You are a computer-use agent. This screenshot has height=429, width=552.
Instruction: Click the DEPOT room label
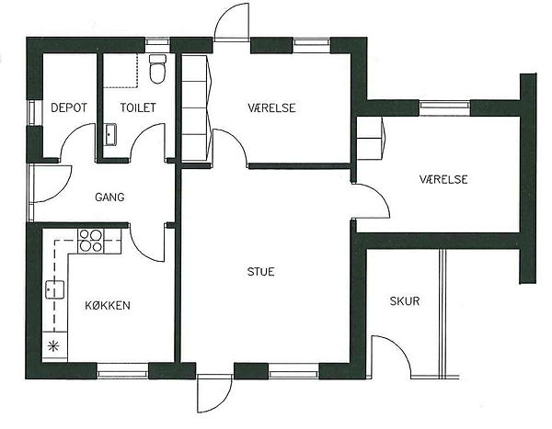[x=69, y=107]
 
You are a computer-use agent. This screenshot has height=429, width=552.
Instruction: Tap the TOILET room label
[x=138, y=107]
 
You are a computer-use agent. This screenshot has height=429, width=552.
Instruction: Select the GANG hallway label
[x=109, y=197]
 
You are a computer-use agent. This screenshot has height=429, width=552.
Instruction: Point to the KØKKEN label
[x=108, y=305]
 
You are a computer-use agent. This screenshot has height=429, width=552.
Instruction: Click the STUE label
[x=261, y=272]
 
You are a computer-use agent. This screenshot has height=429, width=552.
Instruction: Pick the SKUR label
[x=405, y=301]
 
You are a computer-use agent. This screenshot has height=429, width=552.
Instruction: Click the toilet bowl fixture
[x=157, y=69]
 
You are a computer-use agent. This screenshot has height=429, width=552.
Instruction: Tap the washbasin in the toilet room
[x=110, y=134]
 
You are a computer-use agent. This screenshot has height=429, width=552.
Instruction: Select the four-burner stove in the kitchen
[x=90, y=241]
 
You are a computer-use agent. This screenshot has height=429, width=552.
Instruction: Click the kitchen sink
[x=54, y=289]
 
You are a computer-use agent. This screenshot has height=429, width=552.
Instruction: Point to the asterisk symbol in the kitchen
[x=53, y=346]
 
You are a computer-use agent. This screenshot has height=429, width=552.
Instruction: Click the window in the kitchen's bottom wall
[x=122, y=371]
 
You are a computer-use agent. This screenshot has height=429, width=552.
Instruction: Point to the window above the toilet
[x=157, y=42]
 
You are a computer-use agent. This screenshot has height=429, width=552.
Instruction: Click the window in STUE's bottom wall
[x=294, y=371]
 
